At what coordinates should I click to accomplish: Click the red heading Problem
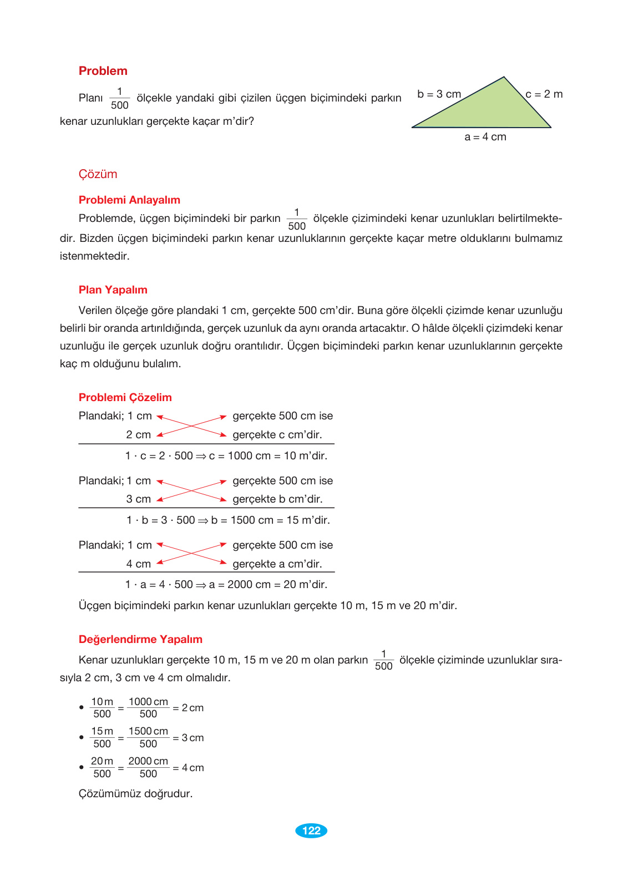[x=103, y=71]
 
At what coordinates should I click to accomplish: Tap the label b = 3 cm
[x=439, y=94]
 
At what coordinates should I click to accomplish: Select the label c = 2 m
[x=544, y=94]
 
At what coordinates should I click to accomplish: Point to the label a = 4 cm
[x=485, y=137]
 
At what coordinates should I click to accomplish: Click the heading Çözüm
[x=98, y=174]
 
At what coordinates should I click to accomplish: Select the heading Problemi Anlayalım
[x=129, y=200]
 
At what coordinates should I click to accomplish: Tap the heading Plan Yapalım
[x=113, y=290]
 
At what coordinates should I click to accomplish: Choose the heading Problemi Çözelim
[x=125, y=397]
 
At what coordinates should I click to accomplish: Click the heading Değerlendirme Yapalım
[x=140, y=639]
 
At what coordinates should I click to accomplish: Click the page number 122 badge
[x=311, y=831]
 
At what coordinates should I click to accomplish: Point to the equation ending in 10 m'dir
[x=226, y=456]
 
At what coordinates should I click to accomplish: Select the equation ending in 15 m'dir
[x=228, y=520]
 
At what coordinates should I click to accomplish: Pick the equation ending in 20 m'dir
[x=226, y=585]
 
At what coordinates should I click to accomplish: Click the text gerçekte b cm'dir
[x=277, y=499]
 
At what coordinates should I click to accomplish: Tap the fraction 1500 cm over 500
[x=148, y=737]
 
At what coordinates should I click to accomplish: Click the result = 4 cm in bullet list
[x=189, y=768]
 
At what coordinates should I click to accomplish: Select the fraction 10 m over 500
[x=102, y=708]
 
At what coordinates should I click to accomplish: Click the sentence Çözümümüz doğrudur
[x=135, y=793]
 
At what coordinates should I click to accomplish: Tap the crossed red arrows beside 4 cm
[x=192, y=554]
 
